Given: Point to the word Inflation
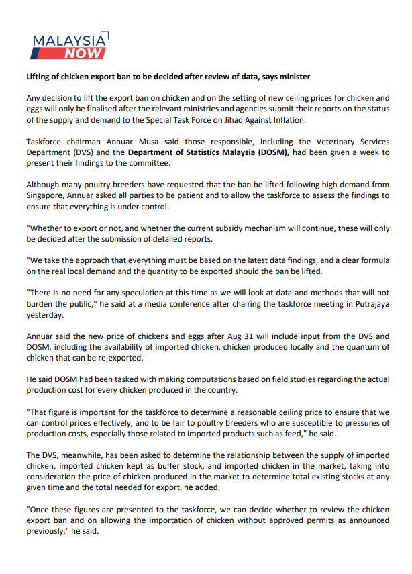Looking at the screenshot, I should pyautogui.click(x=287, y=120).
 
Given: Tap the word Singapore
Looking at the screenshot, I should pyautogui.click(x=48, y=195).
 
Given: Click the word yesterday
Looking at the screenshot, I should pyautogui.click(x=46, y=314).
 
